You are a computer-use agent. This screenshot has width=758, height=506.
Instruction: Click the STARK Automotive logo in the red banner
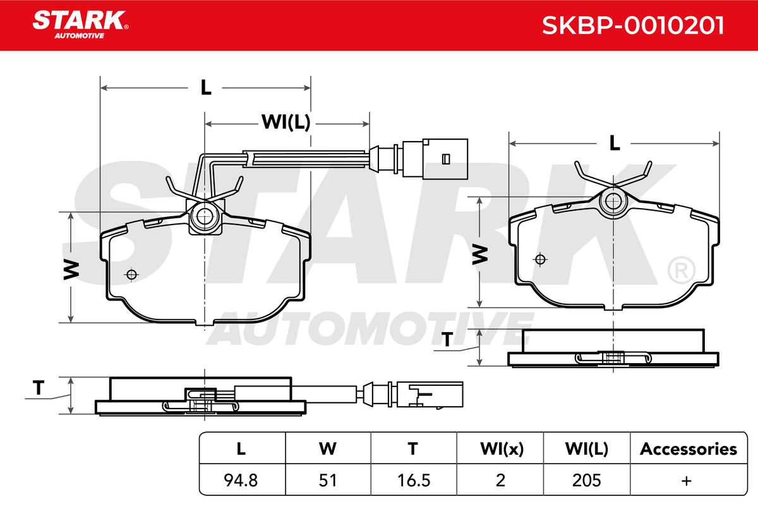coord(80,25)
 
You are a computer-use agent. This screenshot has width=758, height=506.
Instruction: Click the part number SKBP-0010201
coord(633,25)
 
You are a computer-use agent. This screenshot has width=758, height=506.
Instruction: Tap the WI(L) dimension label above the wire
coord(286,122)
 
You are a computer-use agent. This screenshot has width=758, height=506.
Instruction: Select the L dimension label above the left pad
coord(206,88)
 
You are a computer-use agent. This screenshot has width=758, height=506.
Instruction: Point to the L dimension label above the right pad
coord(614,143)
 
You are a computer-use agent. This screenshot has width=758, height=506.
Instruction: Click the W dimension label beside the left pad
coord(71,270)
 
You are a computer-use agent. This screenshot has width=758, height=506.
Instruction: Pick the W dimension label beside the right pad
coord(480,255)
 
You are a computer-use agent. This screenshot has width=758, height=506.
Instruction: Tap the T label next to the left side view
coord(39,387)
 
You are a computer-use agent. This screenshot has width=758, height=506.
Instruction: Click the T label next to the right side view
coord(447,339)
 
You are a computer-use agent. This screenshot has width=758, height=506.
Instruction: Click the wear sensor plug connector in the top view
coord(419,159)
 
